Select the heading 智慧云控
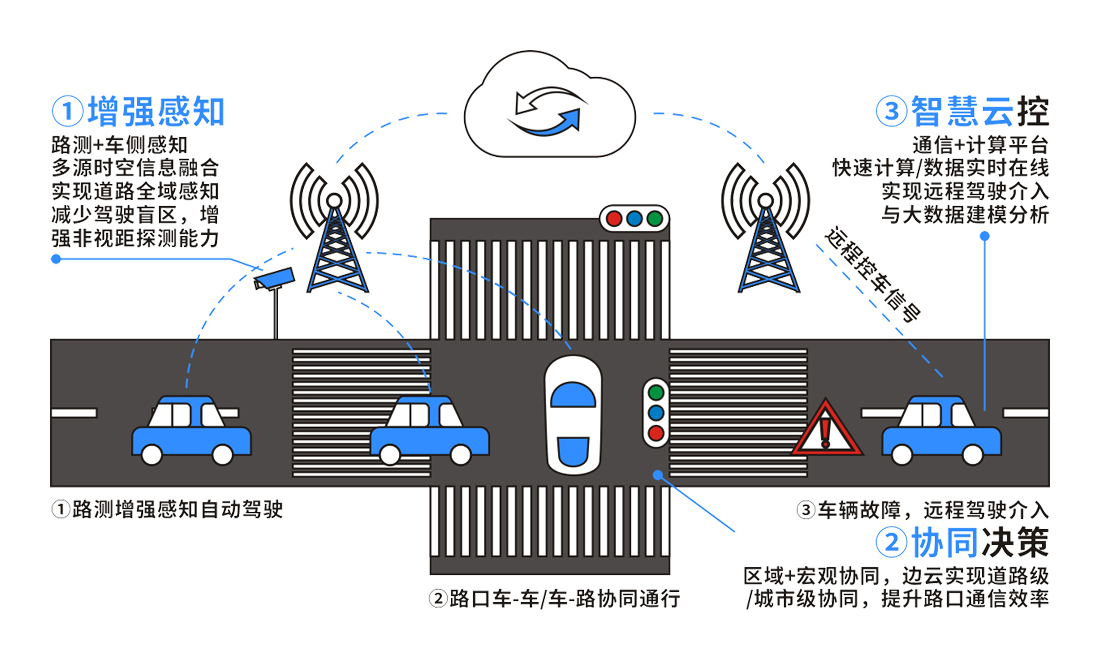point(979,110)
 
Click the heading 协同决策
point(979,542)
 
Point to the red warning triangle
point(827,428)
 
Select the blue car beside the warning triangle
point(940,430)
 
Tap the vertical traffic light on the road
point(656,411)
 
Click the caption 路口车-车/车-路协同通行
point(555,599)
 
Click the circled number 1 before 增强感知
point(68,110)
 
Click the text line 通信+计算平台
point(979,143)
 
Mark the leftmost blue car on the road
point(191,431)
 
